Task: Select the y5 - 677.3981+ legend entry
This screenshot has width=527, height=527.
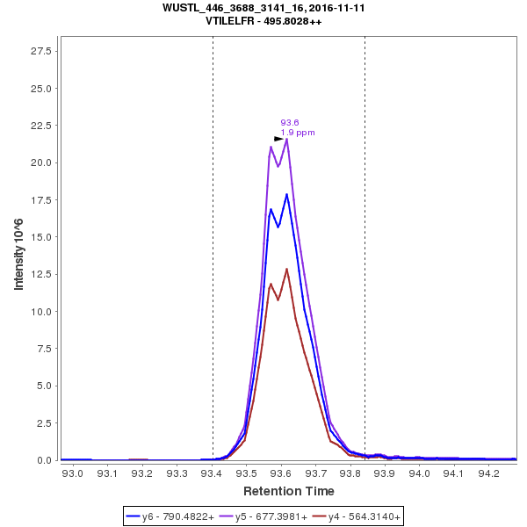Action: [x=263, y=517]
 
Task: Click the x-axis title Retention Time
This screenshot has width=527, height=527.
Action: [x=288, y=490]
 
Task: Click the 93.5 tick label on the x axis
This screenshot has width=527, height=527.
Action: [x=246, y=473]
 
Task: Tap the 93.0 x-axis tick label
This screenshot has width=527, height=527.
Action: [x=73, y=473]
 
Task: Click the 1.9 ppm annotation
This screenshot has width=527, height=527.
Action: [x=298, y=133]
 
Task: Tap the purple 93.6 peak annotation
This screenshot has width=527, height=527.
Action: [x=290, y=123]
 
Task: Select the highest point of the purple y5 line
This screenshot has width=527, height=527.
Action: [x=287, y=139]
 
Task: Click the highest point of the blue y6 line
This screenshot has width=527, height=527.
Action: [x=286, y=194]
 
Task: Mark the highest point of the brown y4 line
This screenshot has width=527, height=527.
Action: [x=286, y=269]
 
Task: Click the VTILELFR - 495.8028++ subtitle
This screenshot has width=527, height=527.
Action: [x=263, y=20]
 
